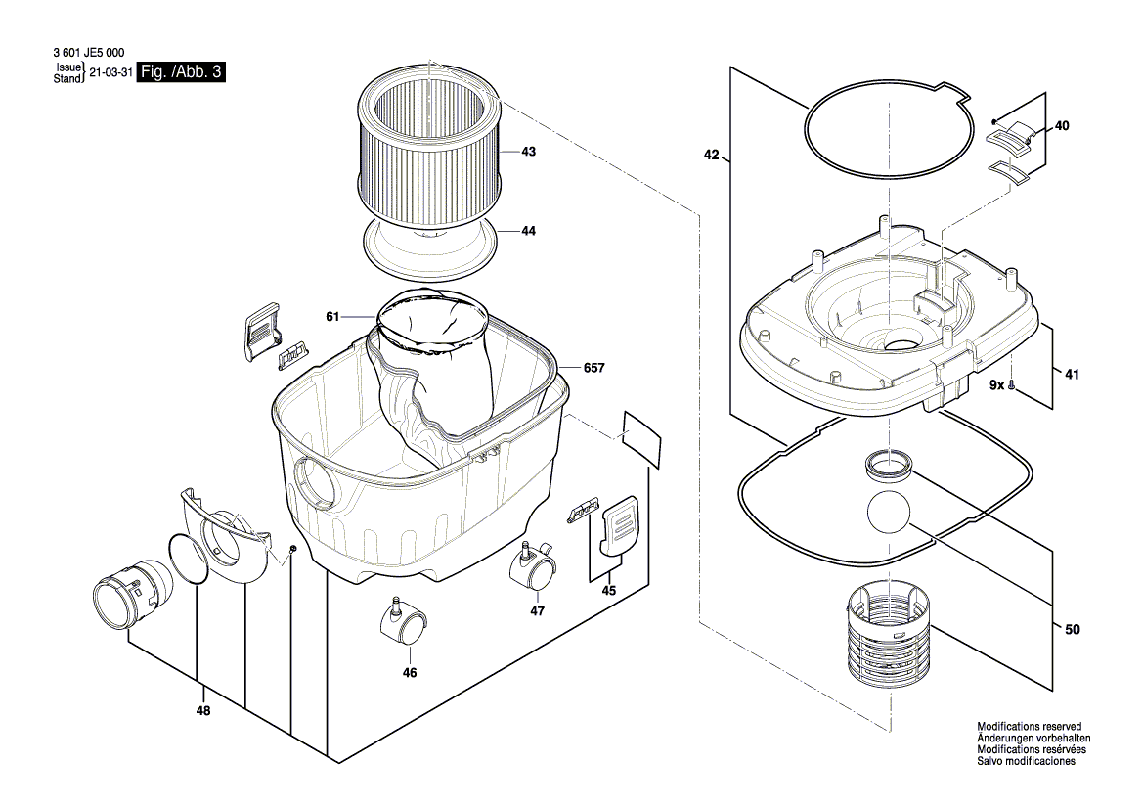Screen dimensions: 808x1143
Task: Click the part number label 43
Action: [x=528, y=152]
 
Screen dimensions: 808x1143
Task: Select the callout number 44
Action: [x=528, y=231]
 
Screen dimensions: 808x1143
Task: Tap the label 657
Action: [x=593, y=368]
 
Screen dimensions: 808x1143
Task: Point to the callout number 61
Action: [x=332, y=316]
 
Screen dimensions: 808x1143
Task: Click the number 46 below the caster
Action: [x=410, y=673]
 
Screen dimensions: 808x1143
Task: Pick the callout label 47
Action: [x=537, y=610]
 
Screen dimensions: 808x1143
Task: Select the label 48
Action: [x=203, y=711]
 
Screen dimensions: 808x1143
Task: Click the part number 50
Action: [x=1072, y=630]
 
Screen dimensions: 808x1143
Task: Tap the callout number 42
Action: [x=711, y=155]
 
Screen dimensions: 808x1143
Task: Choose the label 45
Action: [x=608, y=590]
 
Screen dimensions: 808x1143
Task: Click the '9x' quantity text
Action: [x=996, y=387]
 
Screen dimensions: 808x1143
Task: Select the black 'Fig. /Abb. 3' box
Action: [x=181, y=72]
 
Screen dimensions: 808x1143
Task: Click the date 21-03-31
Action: [x=110, y=73]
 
